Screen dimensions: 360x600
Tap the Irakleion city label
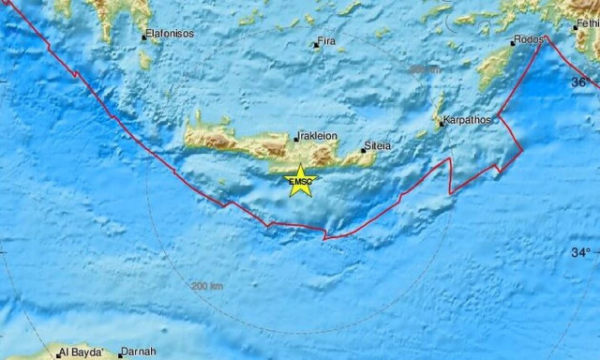tap(318, 135)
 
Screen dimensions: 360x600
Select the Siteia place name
tap(380, 146)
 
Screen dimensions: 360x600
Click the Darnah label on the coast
tap(139, 353)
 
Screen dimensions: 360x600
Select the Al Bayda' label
tap(79, 353)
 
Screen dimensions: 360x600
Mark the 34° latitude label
tap(582, 252)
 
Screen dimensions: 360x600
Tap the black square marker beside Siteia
tap(364, 150)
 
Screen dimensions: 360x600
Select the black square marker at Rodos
tap(513, 43)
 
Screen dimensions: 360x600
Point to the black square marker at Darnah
tap(120, 355)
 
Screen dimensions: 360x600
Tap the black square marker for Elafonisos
tap(143, 37)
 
